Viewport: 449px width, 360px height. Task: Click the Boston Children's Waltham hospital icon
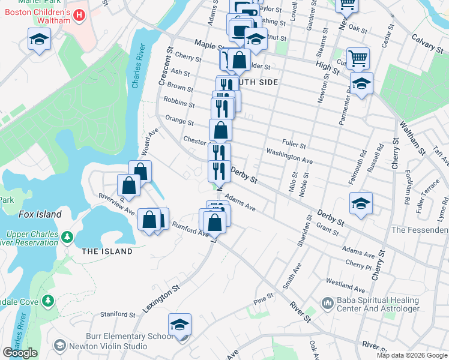77,13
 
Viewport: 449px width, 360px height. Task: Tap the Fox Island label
40,214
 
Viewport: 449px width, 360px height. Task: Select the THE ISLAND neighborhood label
107,251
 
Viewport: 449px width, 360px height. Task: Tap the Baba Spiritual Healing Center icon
328,304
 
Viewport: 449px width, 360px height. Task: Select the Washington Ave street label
290,157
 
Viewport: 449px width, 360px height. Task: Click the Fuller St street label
294,146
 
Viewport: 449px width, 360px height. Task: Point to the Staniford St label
118,314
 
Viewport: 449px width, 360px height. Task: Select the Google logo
20,353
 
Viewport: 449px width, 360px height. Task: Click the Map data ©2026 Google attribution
411,355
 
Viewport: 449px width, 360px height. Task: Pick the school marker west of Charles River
40,40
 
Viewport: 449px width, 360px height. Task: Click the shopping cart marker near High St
358,59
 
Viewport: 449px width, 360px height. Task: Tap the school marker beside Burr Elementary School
179,325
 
